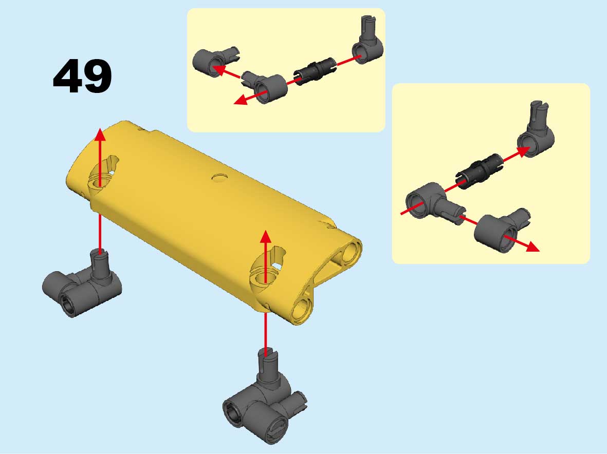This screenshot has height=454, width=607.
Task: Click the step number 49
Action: pyautogui.click(x=82, y=76)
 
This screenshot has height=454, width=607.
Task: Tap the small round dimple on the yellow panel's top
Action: pyautogui.click(x=220, y=178)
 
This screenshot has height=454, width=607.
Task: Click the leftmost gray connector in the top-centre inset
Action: pyautogui.click(x=215, y=62)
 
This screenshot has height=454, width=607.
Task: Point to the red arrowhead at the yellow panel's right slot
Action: pyautogui.click(x=266, y=236)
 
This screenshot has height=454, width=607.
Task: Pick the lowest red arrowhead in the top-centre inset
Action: pyautogui.click(x=241, y=100)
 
